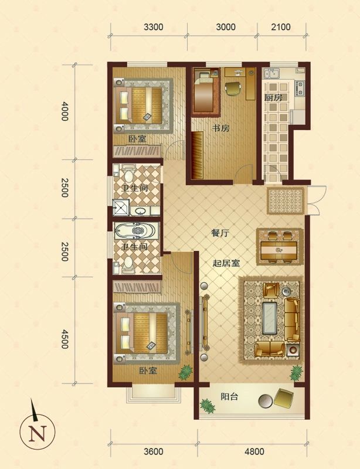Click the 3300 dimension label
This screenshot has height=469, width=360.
[153, 27]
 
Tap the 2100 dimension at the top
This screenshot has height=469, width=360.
[281, 27]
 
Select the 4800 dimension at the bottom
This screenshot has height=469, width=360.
[254, 451]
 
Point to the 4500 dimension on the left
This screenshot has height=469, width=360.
[64, 339]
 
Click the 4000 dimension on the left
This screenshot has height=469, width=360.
[64, 111]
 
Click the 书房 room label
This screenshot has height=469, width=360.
[220, 128]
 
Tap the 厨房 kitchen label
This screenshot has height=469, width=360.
[273, 97]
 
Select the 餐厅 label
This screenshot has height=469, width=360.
[220, 233]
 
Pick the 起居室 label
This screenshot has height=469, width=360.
[226, 263]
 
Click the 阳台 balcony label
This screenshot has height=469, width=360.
[229, 397]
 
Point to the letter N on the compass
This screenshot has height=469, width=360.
[38, 433]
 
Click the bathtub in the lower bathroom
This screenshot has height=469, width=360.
[136, 230]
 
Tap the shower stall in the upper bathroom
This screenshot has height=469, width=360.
[121, 208]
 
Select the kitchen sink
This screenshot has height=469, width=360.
[270, 73]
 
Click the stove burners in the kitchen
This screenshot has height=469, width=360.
[300, 88]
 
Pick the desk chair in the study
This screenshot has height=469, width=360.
[233, 89]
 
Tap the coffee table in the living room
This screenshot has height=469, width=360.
[270, 318]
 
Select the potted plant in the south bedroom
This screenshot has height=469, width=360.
[185, 372]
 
